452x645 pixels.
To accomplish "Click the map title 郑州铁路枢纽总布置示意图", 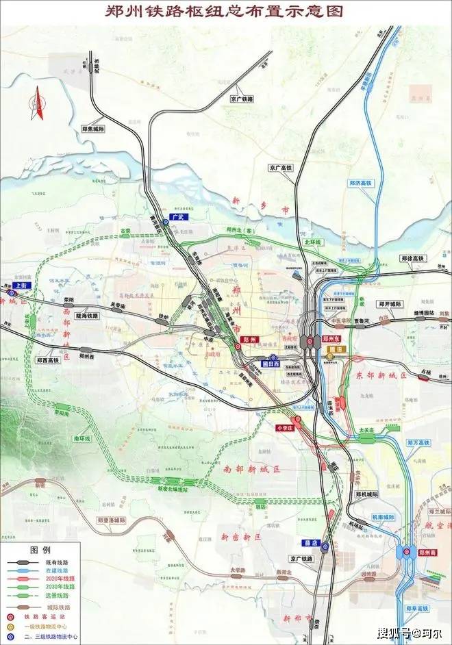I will (226, 12).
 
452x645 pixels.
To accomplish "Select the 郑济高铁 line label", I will (360, 184).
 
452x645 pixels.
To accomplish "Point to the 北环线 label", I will (312, 242).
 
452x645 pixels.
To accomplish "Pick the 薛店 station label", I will (312, 542).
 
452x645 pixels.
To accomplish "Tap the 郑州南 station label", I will (427, 551).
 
